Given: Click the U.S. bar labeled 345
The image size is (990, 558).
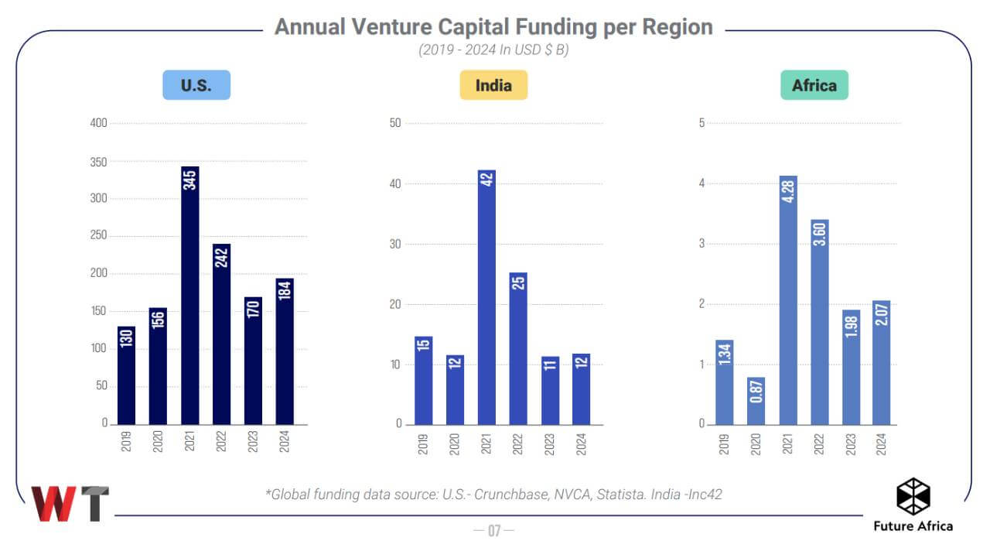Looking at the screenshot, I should (190, 295).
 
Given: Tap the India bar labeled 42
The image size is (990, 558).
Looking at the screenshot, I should (486, 296).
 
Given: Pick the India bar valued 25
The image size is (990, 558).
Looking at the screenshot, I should (518, 348).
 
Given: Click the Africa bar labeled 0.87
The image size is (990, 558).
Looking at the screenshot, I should (756, 401).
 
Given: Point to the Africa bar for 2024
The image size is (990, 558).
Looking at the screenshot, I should (882, 362).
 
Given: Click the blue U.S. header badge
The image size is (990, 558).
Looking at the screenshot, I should (196, 85).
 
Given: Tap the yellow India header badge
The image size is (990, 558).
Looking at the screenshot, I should (493, 85).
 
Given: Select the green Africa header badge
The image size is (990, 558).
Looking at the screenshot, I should (814, 85).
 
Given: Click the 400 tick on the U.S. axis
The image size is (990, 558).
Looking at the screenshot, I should (99, 124).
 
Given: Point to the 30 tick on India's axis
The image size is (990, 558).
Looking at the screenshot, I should (397, 244).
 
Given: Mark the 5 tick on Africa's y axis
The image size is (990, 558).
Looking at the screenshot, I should (702, 124).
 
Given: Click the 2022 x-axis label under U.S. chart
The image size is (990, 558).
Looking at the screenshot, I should (222, 442).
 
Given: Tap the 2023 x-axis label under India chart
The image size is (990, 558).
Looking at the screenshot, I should (550, 442).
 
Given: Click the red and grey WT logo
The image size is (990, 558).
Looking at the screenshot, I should (70, 504).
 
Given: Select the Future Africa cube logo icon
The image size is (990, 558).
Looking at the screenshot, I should (913, 496).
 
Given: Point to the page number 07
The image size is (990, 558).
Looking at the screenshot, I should (494, 531).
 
